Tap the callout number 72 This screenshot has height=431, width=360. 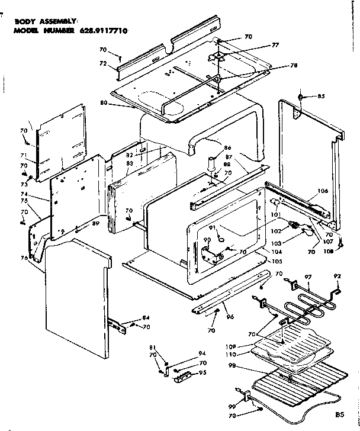(102, 62)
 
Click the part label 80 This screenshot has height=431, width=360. (104, 102)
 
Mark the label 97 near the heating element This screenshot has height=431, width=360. (307, 277)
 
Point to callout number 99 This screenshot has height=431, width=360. (232, 407)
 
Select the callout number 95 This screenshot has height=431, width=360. (202, 372)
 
